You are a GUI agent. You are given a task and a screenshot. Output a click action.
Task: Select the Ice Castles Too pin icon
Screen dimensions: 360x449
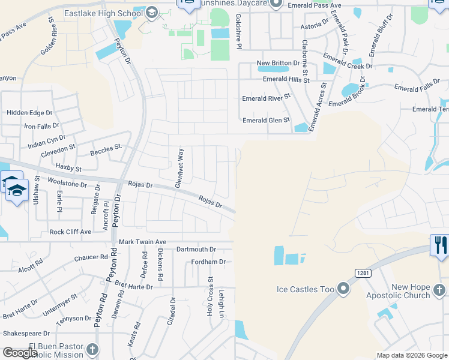(x=343, y=289)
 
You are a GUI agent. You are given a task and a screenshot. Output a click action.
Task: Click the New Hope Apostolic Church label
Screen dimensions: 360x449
(x=411, y=291)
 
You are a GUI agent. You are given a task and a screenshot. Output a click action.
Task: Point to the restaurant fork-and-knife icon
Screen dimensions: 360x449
(x=439, y=245)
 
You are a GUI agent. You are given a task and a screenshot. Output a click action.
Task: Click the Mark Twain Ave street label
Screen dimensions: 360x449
(x=142, y=242)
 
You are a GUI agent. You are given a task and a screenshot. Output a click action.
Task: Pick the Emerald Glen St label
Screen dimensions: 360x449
(x=266, y=120)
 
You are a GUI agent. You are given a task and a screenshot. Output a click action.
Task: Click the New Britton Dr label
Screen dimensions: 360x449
(x=278, y=63)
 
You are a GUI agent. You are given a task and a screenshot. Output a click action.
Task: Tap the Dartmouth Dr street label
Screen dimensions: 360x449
(x=196, y=249)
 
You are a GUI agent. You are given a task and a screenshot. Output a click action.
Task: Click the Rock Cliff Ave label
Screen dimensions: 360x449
(x=70, y=232)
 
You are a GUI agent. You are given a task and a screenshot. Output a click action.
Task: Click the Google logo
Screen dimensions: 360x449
(x=20, y=353)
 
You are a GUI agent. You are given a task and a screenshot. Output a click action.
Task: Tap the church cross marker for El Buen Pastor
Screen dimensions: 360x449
(x=92, y=349)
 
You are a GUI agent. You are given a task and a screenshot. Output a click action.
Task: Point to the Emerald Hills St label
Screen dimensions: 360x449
(x=286, y=79)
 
